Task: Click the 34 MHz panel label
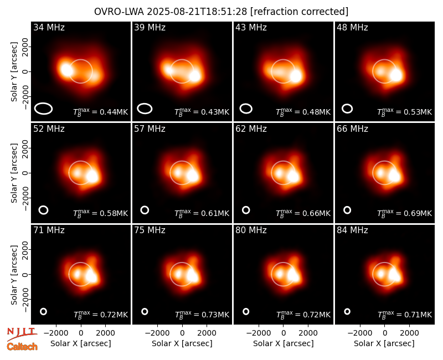click(49, 27)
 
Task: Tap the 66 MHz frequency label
click(352, 129)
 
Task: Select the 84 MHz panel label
click(352, 230)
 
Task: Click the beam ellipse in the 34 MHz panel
click(44, 109)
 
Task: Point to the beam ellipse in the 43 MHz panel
click(246, 109)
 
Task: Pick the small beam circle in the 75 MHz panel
click(145, 311)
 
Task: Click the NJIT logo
click(22, 333)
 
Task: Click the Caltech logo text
click(22, 347)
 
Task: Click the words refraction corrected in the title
click(300, 12)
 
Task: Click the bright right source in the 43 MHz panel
click(296, 76)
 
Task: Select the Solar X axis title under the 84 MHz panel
click(384, 343)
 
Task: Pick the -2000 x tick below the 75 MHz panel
click(157, 333)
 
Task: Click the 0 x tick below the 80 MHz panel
click(284, 333)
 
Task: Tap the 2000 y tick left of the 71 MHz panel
click(25, 250)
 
